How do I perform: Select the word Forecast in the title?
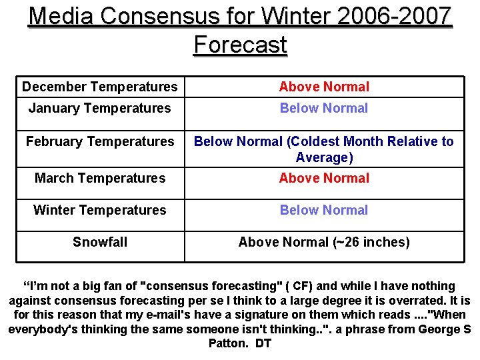click(x=240, y=45)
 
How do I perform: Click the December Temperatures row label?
click(x=100, y=87)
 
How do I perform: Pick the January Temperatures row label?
click(x=100, y=108)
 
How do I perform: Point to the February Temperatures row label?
click(x=100, y=141)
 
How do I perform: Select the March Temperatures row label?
click(x=100, y=178)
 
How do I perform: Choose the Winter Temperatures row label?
click(x=100, y=210)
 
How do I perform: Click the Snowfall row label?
click(x=100, y=242)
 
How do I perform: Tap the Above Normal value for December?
click(x=324, y=87)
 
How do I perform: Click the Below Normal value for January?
click(x=324, y=108)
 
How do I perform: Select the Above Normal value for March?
click(x=324, y=178)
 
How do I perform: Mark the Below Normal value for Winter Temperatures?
click(x=324, y=210)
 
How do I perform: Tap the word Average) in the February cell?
click(x=324, y=158)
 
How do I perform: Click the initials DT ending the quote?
click(x=263, y=344)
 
